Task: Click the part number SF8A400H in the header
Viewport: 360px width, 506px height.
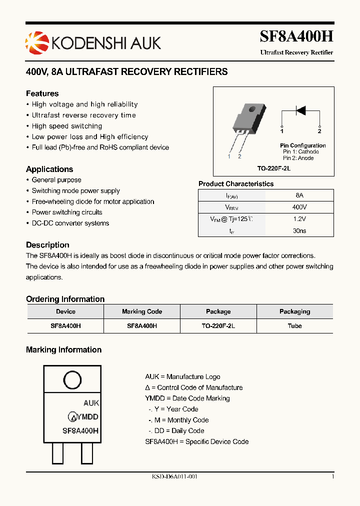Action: pyautogui.click(x=296, y=36)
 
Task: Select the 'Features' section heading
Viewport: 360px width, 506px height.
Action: pyautogui.click(x=42, y=93)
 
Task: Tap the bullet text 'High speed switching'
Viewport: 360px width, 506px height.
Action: pyautogui.click(x=67, y=126)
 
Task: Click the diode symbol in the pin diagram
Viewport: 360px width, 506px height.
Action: pyautogui.click(x=300, y=110)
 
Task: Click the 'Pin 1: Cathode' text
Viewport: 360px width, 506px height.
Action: pyautogui.click(x=300, y=151)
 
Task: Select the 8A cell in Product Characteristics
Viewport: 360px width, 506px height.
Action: pyautogui.click(x=299, y=195)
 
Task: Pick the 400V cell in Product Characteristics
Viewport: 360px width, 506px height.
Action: pyautogui.click(x=299, y=207)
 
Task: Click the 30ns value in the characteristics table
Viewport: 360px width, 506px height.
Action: pyautogui.click(x=299, y=231)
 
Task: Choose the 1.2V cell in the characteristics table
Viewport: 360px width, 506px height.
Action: pyautogui.click(x=299, y=219)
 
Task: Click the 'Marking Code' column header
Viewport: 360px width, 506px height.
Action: pyautogui.click(x=142, y=311)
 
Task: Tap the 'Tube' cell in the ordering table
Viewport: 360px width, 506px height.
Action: pyautogui.click(x=294, y=325)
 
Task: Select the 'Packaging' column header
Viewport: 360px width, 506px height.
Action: pyautogui.click(x=294, y=311)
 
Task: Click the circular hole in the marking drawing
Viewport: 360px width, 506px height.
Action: pyautogui.click(x=72, y=380)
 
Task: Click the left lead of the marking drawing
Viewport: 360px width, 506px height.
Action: pyautogui.click(x=58, y=454)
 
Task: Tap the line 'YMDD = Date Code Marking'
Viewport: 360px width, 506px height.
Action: pyautogui.click(x=187, y=398)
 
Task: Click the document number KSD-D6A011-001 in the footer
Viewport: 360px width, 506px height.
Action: pyautogui.click(x=175, y=477)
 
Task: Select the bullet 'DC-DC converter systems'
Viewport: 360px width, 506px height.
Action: pyautogui.click(x=70, y=223)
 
